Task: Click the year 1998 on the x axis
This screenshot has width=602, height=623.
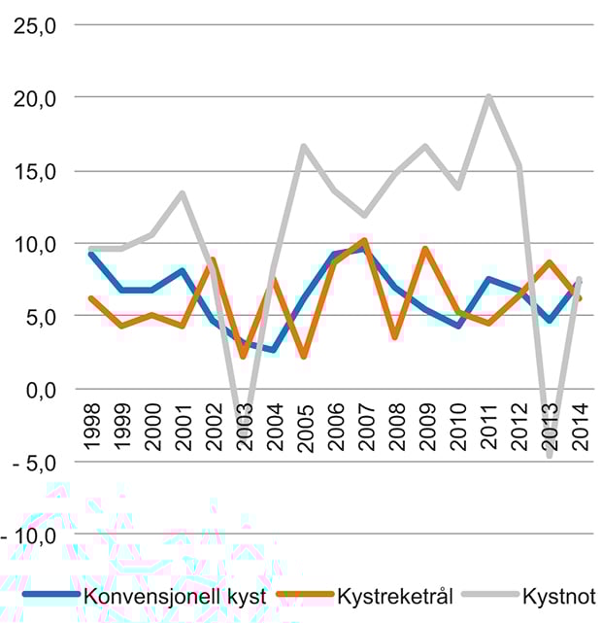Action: [91, 426]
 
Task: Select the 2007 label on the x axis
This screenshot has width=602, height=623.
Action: [367, 426]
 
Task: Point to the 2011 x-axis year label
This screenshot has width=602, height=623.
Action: [489, 426]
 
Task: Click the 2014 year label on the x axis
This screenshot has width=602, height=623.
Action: [581, 426]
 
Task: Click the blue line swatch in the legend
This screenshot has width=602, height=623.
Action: [50, 594]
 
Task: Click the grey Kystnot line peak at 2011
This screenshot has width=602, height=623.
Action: [488, 96]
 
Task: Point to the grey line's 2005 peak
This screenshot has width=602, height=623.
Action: [304, 147]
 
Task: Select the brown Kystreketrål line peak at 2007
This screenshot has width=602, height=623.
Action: [366, 240]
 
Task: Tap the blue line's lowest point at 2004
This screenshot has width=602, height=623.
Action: [274, 350]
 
